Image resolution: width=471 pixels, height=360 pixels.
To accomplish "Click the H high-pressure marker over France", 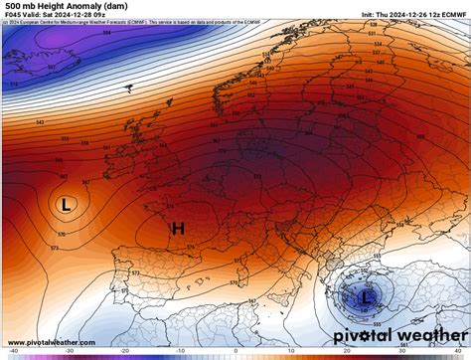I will pyautogui.click(x=178, y=229).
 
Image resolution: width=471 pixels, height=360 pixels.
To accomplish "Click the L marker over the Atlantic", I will pyautogui.click(x=66, y=205).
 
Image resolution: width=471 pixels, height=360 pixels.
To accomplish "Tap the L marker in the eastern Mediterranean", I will pyautogui.click(x=366, y=295).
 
